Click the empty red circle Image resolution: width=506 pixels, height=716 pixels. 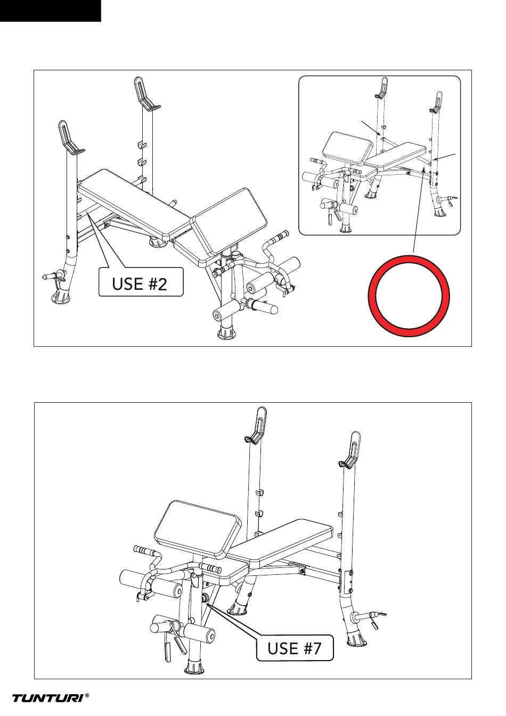click(x=409, y=296)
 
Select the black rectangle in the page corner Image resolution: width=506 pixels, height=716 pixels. click(x=51, y=11)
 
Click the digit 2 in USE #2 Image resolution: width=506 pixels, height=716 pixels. click(x=162, y=283)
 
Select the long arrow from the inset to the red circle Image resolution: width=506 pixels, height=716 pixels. click(x=419, y=211)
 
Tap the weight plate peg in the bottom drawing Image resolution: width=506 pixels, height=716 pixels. click(x=369, y=615)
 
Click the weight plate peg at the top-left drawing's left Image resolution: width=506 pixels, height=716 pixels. click(x=54, y=275)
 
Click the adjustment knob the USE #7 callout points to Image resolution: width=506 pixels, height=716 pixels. click(x=205, y=597)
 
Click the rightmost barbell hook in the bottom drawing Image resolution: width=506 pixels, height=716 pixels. click(x=350, y=450)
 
